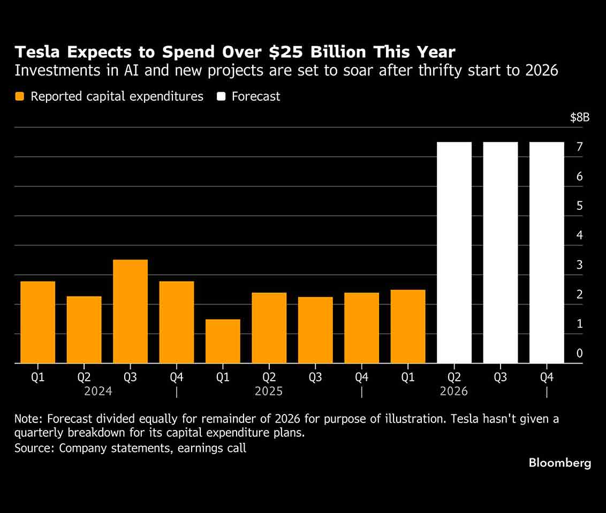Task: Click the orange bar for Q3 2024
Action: point(130,311)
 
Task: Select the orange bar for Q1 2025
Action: point(223,341)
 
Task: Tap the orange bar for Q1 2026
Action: point(408,326)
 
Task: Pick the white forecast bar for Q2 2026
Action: point(454,252)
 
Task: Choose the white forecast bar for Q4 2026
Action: point(547,252)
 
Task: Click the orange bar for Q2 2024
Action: point(84,329)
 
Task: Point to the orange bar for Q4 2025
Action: point(361,328)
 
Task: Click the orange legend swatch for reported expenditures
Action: point(20,96)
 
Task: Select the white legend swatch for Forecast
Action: point(221,96)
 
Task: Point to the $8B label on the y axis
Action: point(580,118)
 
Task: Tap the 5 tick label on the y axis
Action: point(580,206)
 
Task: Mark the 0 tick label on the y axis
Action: point(580,353)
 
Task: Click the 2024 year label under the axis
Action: point(99,391)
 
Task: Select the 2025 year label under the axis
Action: point(269,391)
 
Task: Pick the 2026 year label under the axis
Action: point(453,391)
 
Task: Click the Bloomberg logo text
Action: point(560,463)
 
